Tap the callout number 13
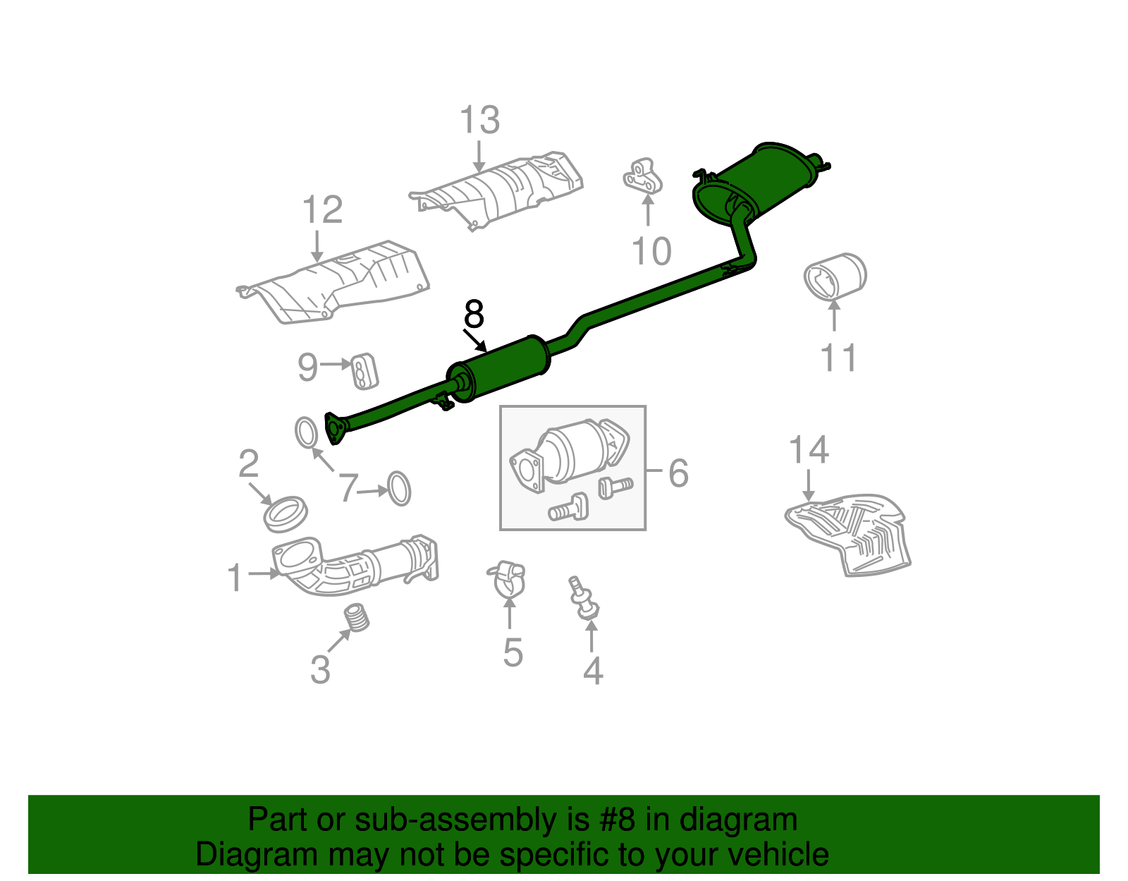[480, 120]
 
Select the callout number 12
[322, 209]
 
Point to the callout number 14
[809, 449]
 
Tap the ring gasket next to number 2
[286, 514]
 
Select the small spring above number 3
[359, 618]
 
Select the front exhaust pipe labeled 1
[352, 566]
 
